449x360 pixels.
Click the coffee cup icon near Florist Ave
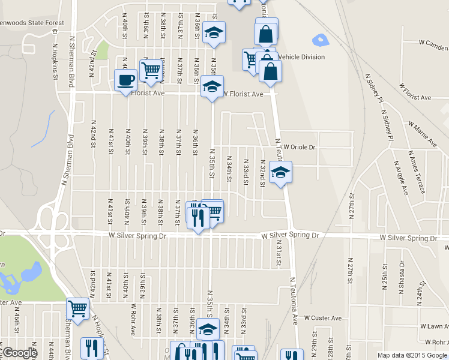pyautogui.click(x=125, y=80)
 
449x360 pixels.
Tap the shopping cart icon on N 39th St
pyautogui.click(x=151, y=70)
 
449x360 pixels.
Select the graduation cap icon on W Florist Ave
pyautogui.click(x=212, y=86)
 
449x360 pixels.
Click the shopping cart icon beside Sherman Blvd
pyautogui.click(x=77, y=309)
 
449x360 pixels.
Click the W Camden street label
pyautogui.click(x=434, y=43)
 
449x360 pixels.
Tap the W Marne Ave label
pyautogui.click(x=423, y=134)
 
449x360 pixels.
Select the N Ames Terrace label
pyautogui.click(x=416, y=174)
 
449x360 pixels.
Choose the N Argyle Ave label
pyautogui.click(x=400, y=177)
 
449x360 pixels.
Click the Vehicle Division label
pyautogui.click(x=301, y=57)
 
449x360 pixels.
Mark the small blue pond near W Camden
pyautogui.click(x=321, y=41)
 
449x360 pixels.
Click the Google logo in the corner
pyautogui.click(x=19, y=352)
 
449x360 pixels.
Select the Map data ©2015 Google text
pyautogui.click(x=412, y=355)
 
